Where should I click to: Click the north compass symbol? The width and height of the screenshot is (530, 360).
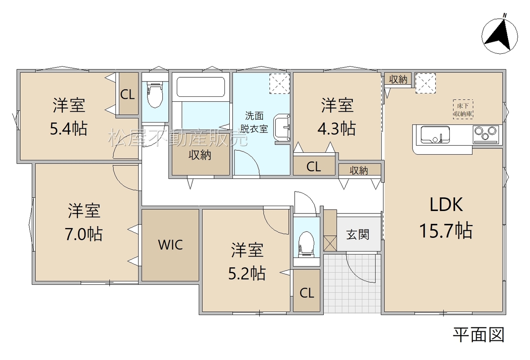click(x=499, y=36)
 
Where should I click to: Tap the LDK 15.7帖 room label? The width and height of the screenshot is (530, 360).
click(x=446, y=217)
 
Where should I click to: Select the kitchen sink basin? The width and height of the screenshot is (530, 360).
click(x=435, y=134)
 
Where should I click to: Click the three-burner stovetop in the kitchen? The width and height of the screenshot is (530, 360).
click(x=485, y=134)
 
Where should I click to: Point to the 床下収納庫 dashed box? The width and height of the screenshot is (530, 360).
click(x=463, y=109)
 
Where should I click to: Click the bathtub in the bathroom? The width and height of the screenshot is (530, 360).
click(x=201, y=87)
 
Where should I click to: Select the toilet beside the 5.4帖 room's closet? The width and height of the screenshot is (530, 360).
click(x=155, y=95)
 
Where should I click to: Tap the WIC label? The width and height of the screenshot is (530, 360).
click(x=170, y=245)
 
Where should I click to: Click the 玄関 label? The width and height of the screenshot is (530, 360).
click(x=358, y=234)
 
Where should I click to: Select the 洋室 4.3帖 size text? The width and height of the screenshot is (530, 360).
click(x=337, y=128)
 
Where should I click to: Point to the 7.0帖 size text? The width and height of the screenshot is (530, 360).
click(x=84, y=234)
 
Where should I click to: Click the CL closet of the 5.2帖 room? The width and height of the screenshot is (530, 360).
click(x=307, y=291)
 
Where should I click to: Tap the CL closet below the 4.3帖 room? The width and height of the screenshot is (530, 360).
click(x=314, y=166)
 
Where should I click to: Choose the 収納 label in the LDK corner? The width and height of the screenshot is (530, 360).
click(x=398, y=79)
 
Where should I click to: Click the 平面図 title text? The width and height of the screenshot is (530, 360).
click(x=478, y=335)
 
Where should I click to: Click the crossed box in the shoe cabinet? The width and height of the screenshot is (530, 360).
click(x=330, y=243)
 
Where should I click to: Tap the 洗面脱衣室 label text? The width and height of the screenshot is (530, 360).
click(x=254, y=122)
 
